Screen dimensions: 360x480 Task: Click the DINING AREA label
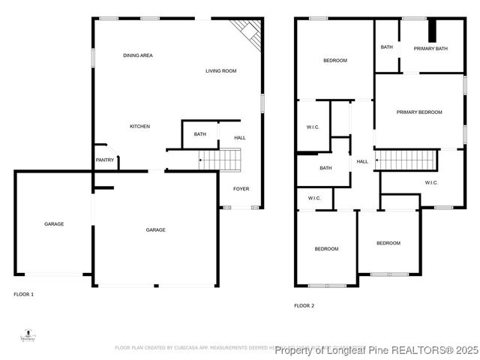tap(138, 55)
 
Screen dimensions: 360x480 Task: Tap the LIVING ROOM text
tap(221, 71)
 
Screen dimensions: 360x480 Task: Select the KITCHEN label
tap(139, 126)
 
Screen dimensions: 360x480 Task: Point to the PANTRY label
tap(104, 160)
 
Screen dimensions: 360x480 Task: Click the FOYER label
tap(241, 188)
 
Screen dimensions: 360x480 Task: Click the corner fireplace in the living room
tap(248, 31)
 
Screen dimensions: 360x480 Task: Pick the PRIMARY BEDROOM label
tap(418, 112)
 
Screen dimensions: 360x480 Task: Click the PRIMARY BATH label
tap(430, 49)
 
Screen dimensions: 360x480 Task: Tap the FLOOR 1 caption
tap(24, 294)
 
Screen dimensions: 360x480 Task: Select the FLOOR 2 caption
tap(304, 306)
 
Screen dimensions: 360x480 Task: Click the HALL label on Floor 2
tap(362, 162)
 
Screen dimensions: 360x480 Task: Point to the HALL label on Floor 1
tap(240, 138)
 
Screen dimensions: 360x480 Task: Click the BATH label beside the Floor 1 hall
tap(199, 134)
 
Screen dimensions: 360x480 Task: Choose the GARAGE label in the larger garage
tap(155, 229)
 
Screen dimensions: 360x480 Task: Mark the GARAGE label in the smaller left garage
tap(53, 224)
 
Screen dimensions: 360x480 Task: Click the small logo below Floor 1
tap(28, 335)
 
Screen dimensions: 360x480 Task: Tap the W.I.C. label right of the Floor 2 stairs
tap(430, 183)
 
